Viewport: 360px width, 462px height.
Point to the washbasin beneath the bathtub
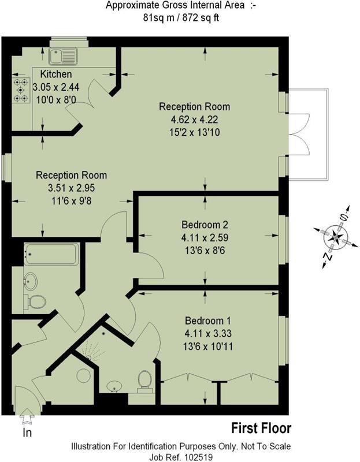click(x=29, y=281)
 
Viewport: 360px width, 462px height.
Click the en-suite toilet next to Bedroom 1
click(x=144, y=379)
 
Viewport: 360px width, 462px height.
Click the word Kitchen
click(x=56, y=74)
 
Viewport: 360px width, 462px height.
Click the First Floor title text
click(x=261, y=429)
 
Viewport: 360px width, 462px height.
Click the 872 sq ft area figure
click(x=199, y=18)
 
